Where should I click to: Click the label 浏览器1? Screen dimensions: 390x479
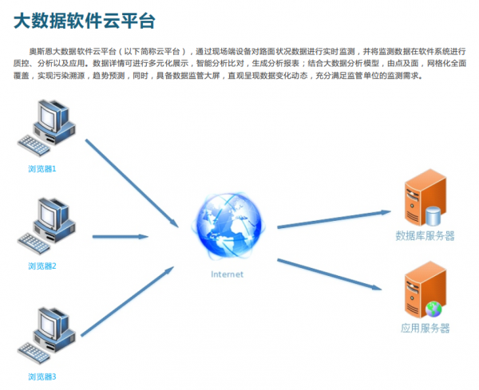tap(42, 169)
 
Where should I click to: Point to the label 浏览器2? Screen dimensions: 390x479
tap(42, 266)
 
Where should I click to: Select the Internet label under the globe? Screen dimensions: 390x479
tap(227, 274)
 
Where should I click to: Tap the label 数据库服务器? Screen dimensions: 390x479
tap(425, 236)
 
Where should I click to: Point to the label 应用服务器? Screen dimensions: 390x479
tap(425, 329)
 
